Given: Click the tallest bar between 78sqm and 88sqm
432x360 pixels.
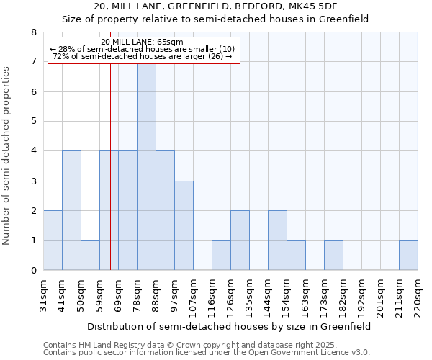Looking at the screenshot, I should (x=146, y=167).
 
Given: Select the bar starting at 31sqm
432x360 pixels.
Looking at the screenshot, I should (x=53, y=240).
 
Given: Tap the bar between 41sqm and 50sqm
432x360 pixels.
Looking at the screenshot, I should (x=71, y=210).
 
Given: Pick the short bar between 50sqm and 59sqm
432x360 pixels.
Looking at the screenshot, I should (x=90, y=256).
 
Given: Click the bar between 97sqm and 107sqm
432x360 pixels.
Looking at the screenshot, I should (x=184, y=225).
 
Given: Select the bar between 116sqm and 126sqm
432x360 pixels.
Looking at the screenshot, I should (x=221, y=256).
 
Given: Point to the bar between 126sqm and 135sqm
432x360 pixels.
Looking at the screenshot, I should (x=240, y=240).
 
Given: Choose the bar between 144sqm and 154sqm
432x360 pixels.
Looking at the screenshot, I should (x=277, y=240).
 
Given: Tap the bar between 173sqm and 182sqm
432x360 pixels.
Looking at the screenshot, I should (x=333, y=256).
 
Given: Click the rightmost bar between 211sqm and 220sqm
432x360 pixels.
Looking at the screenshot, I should (x=408, y=256).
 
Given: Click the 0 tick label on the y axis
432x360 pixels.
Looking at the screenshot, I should (x=33, y=271).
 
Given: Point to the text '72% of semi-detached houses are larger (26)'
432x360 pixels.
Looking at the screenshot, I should (x=143, y=57).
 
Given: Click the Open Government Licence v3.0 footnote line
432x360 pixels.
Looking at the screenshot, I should (x=206, y=353).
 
